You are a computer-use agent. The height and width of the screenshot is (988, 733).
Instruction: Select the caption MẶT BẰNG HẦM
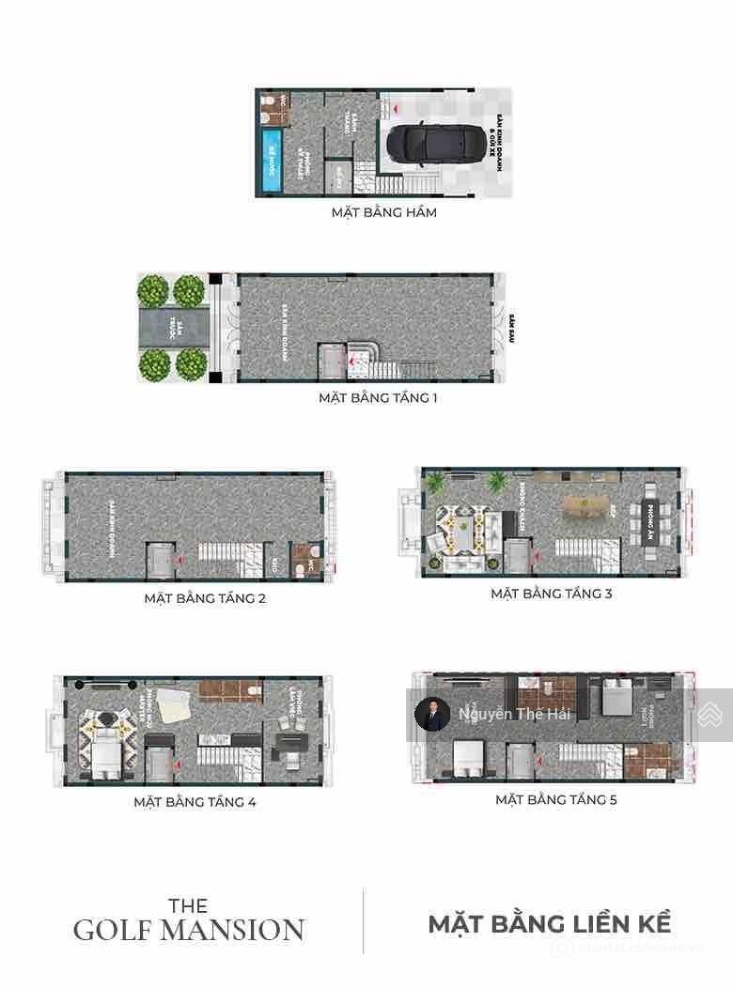coord(383,212)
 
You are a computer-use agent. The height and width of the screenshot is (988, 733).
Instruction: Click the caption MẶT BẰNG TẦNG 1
coord(378,397)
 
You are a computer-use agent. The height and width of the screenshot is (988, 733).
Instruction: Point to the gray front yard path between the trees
coord(173,327)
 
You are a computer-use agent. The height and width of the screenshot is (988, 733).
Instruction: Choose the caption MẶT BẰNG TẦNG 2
coord(205,597)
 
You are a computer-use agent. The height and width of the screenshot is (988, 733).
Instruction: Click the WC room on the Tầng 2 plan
coord(305,561)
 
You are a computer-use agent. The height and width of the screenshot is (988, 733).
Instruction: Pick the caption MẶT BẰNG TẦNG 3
coord(552,594)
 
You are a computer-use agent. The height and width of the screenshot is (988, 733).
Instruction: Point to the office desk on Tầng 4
coord(285,746)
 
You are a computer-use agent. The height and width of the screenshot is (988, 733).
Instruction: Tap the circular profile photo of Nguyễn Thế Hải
coord(432,714)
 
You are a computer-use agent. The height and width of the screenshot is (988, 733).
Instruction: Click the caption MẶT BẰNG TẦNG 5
coord(556,800)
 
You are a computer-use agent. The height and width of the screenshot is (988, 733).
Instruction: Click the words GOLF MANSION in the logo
coord(189,931)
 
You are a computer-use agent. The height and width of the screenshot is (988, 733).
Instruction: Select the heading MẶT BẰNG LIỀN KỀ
coord(550,923)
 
